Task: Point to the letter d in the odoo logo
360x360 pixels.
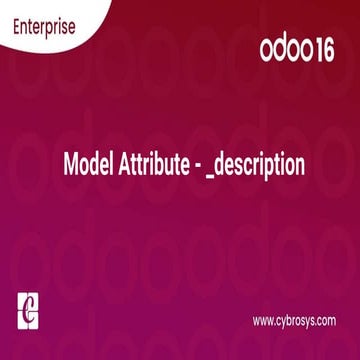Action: click(x=281, y=50)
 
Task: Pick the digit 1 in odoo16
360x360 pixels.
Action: click(x=323, y=50)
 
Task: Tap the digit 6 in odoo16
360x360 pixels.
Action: click(x=333, y=50)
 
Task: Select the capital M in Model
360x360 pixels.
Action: click(x=69, y=164)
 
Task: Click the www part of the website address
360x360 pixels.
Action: click(x=263, y=321)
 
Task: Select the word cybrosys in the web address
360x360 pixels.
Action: click(x=297, y=322)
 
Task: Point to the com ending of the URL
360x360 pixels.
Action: click(x=328, y=321)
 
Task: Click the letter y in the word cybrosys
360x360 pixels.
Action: click(x=285, y=323)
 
